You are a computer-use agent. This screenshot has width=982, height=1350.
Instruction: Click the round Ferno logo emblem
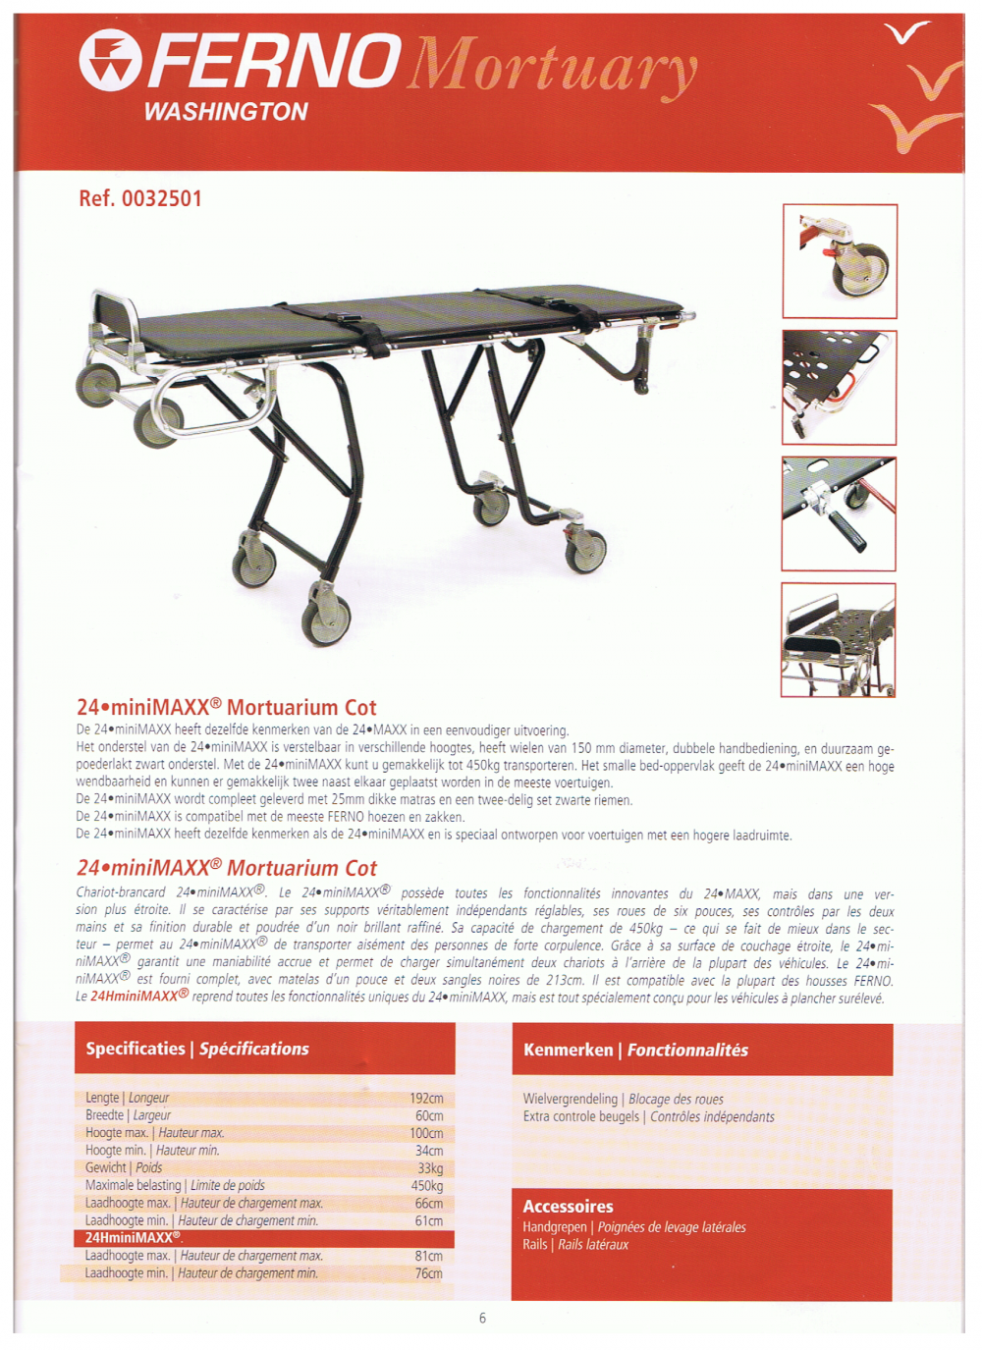(x=110, y=60)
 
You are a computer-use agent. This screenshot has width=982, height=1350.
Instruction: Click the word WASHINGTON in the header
(x=226, y=112)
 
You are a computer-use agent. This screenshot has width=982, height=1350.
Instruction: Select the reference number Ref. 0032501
(x=140, y=198)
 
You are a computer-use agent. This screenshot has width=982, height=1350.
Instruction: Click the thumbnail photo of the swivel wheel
(x=840, y=261)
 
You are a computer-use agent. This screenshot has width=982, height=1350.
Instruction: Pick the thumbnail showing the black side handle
(x=839, y=513)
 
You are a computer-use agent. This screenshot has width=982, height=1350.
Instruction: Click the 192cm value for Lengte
(x=426, y=1098)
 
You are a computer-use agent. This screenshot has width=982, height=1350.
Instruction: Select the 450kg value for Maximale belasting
(x=426, y=1185)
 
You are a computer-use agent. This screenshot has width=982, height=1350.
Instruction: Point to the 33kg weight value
(x=430, y=1167)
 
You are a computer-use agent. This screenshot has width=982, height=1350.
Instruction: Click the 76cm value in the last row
(x=428, y=1273)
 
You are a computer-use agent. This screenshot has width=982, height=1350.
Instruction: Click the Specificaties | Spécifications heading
(x=197, y=1049)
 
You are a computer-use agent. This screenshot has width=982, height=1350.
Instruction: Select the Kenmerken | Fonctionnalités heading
(x=635, y=1050)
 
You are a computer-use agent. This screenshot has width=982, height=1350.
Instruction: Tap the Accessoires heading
(x=568, y=1206)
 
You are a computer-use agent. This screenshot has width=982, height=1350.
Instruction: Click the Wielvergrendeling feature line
(x=623, y=1099)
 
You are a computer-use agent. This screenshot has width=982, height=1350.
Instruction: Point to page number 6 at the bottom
(x=482, y=1318)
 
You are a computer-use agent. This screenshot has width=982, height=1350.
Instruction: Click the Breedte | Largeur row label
(x=128, y=1115)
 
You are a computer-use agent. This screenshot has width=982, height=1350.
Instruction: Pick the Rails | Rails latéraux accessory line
(x=575, y=1244)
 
